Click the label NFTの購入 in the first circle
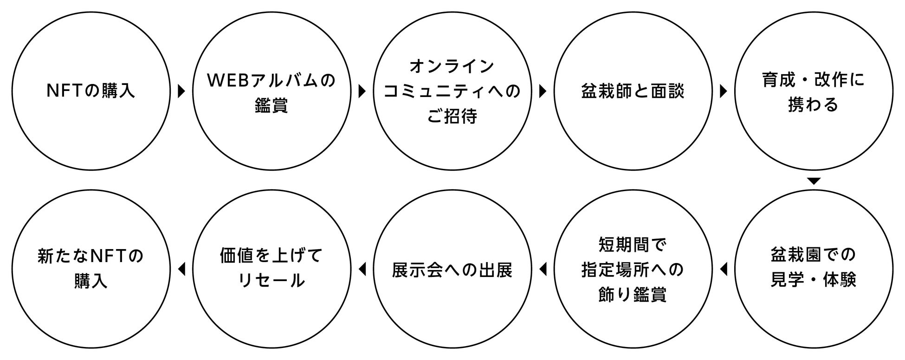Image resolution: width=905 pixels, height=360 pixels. coord(91,91)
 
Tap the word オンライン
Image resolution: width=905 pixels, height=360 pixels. coord(452,67)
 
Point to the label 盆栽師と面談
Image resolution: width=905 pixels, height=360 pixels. coord(633,91)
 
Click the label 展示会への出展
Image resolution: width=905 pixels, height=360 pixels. coord(452,270)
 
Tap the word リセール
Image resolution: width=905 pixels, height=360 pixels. coord(271,281)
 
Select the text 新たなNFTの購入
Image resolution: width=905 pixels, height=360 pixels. coord(91,268)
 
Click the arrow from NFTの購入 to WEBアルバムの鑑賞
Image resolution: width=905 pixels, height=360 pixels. coord(181,91)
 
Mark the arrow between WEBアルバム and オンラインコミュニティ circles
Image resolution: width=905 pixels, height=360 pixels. coord(362,91)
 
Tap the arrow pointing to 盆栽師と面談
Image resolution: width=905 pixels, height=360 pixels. coord(543,91)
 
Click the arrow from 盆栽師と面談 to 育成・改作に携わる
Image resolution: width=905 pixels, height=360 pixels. coord(723,91)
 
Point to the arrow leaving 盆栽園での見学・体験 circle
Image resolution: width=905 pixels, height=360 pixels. coord(723,269)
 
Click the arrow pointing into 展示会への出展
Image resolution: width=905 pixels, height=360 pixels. coord(543,269)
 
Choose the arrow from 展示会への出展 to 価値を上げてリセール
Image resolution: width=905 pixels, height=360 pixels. coord(362,269)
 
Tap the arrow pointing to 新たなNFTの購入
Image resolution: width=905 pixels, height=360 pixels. coord(181,269)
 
